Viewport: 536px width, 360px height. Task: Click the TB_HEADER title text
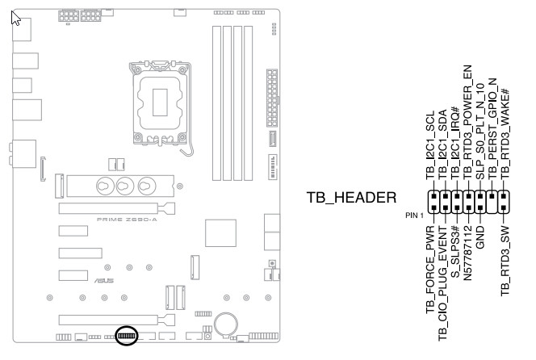351,198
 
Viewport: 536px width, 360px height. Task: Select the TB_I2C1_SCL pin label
431,144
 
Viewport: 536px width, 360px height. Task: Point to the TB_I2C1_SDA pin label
443,144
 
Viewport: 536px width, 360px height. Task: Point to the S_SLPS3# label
455,259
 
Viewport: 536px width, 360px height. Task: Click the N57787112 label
467,263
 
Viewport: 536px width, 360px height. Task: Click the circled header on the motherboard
127,335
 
